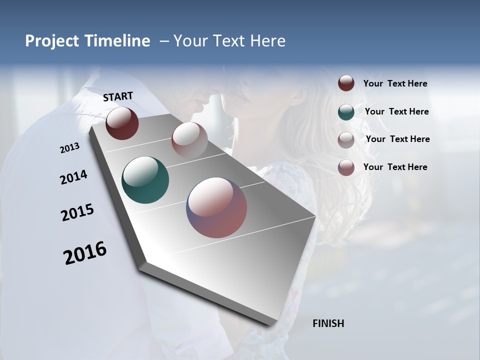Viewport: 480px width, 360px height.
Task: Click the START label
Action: (118, 96)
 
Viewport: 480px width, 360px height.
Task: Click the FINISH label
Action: (328, 323)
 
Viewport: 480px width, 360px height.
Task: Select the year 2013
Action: (69, 148)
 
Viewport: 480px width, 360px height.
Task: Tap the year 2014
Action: (73, 177)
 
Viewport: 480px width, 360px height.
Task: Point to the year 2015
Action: (77, 212)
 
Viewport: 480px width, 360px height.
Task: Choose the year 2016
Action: (85, 252)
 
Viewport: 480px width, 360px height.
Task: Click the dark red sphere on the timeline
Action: (122, 123)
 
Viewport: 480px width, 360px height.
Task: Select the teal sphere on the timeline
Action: (145, 180)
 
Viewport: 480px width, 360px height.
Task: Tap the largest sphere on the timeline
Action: (216, 207)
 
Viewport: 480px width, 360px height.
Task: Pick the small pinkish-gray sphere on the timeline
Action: (189, 140)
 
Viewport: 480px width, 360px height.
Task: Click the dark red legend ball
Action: (346, 83)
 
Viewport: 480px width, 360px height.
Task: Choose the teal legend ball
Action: (346, 112)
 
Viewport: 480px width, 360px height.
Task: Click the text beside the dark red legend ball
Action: (395, 84)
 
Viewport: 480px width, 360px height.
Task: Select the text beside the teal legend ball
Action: (396, 111)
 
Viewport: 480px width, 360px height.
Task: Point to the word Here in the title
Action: (267, 41)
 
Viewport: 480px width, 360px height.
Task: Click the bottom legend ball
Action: (346, 167)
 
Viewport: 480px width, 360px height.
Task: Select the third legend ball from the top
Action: (346, 140)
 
